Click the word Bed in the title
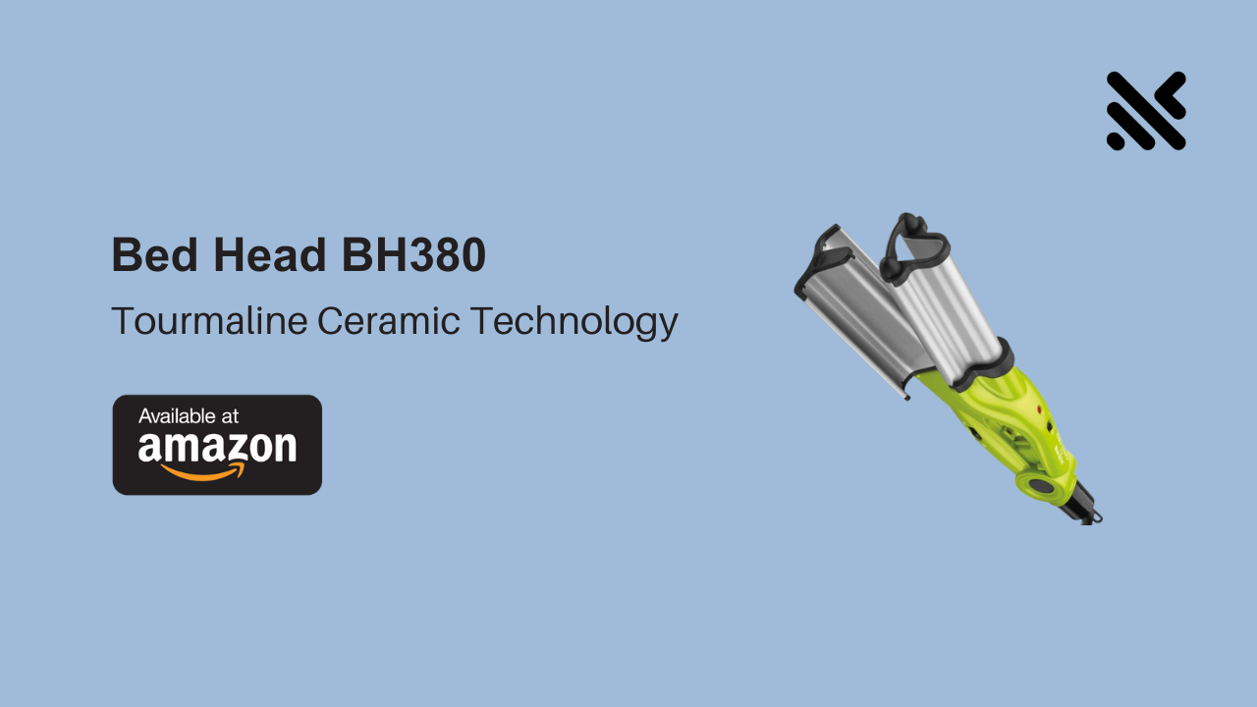pyautogui.click(x=155, y=254)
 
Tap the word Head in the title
pyautogui.click(x=270, y=254)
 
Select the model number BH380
pyautogui.click(x=413, y=254)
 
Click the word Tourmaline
pyautogui.click(x=209, y=321)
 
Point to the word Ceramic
pyautogui.click(x=388, y=321)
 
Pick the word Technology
pyautogui.click(x=574, y=322)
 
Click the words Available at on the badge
pyautogui.click(x=189, y=416)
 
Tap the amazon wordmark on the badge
pyautogui.click(x=217, y=447)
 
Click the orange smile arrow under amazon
pyautogui.click(x=203, y=472)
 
